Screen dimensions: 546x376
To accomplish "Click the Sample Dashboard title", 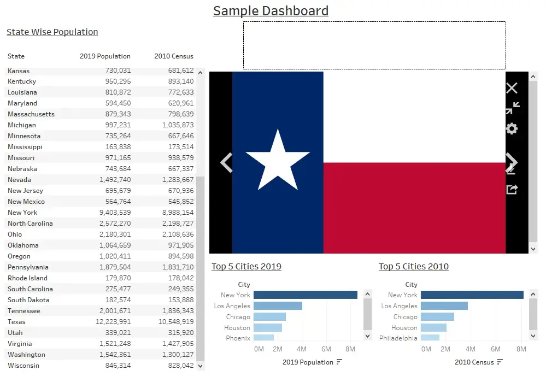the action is click(271, 11).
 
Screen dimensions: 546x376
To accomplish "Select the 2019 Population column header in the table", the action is click(105, 56).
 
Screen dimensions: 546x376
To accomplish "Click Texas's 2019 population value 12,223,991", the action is click(113, 322).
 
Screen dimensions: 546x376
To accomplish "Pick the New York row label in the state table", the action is click(22, 213).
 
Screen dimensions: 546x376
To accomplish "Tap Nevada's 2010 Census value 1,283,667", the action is click(178, 180).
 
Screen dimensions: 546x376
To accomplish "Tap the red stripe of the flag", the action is click(414, 208).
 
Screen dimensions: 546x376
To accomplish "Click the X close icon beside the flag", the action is click(512, 88).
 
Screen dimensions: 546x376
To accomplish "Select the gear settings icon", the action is click(512, 129).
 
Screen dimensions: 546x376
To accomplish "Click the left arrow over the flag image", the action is click(226, 162).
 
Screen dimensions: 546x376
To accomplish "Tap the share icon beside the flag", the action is click(512, 190).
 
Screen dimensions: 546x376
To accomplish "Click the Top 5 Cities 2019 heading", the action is click(246, 266).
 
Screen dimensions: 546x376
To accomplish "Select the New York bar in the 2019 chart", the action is click(306, 295).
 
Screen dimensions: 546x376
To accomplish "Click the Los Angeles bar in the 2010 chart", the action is click(444, 305).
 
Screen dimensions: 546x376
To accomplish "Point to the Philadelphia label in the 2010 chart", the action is click(398, 338).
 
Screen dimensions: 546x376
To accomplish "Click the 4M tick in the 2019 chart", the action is click(302, 349).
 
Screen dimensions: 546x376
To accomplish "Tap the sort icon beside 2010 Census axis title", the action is click(500, 362).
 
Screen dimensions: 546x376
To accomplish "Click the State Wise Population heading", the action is click(52, 32).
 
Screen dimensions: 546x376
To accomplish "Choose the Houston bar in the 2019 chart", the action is click(267, 327).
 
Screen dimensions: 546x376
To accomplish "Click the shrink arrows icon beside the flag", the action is click(513, 108).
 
